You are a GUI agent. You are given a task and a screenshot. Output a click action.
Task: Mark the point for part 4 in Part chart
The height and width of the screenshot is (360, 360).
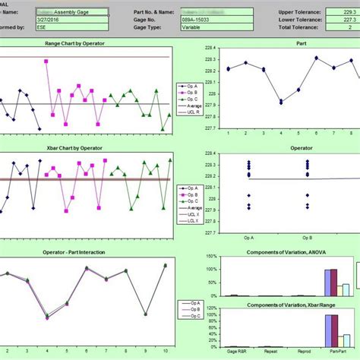[281, 102]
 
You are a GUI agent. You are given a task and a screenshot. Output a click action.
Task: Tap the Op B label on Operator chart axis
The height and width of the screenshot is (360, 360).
[308, 238]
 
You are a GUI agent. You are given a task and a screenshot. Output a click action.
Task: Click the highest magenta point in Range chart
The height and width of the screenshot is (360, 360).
[47, 62]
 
